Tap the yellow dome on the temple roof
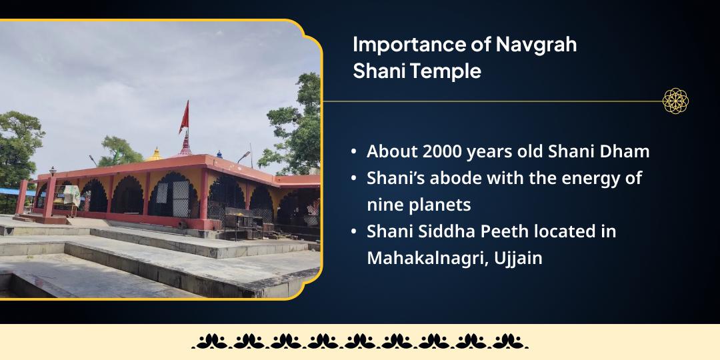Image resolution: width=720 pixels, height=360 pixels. click(x=156, y=155)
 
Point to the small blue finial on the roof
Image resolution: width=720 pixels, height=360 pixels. click(x=219, y=154)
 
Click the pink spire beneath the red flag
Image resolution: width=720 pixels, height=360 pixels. click(x=184, y=143)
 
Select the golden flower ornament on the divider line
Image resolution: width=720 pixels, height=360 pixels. click(x=675, y=101)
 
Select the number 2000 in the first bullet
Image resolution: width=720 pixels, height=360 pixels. click(x=443, y=151)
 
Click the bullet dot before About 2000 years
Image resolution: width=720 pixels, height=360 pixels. click(x=353, y=152)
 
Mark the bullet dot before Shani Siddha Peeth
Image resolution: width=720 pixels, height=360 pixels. click(x=353, y=232)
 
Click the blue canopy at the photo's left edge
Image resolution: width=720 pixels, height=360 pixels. click(x=9, y=192)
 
